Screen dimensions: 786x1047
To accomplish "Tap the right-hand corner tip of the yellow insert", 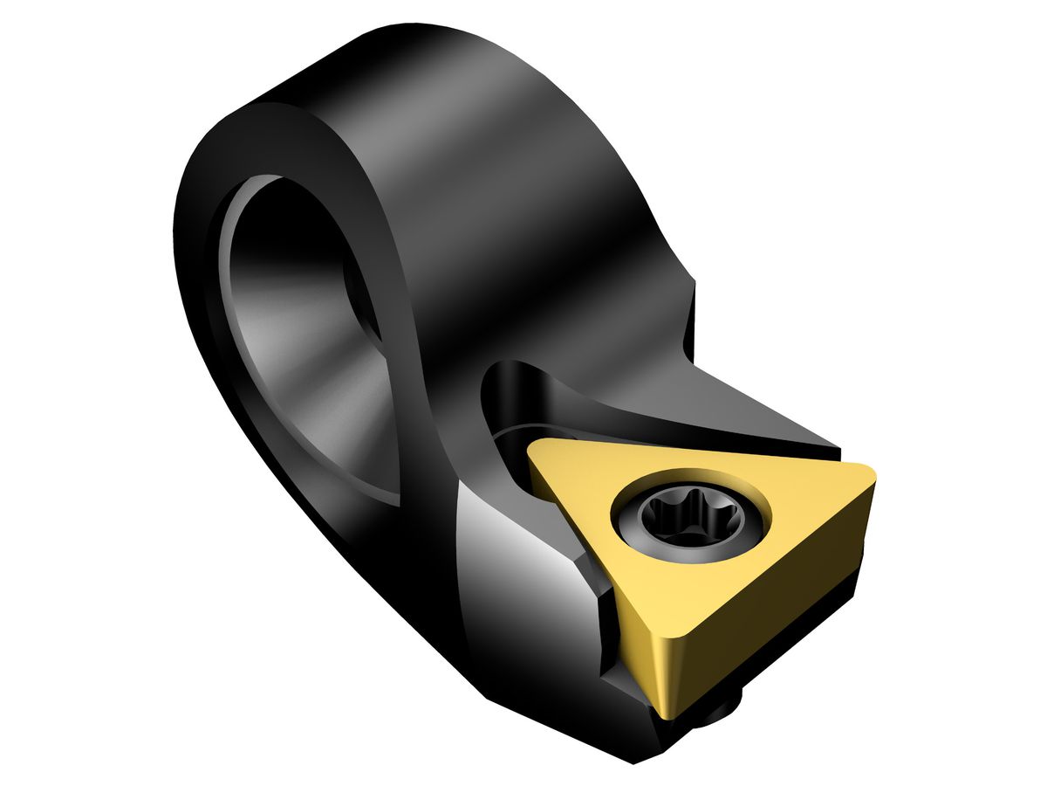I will coord(867,476).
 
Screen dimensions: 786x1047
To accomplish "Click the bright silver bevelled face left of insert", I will coord(515,559).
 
